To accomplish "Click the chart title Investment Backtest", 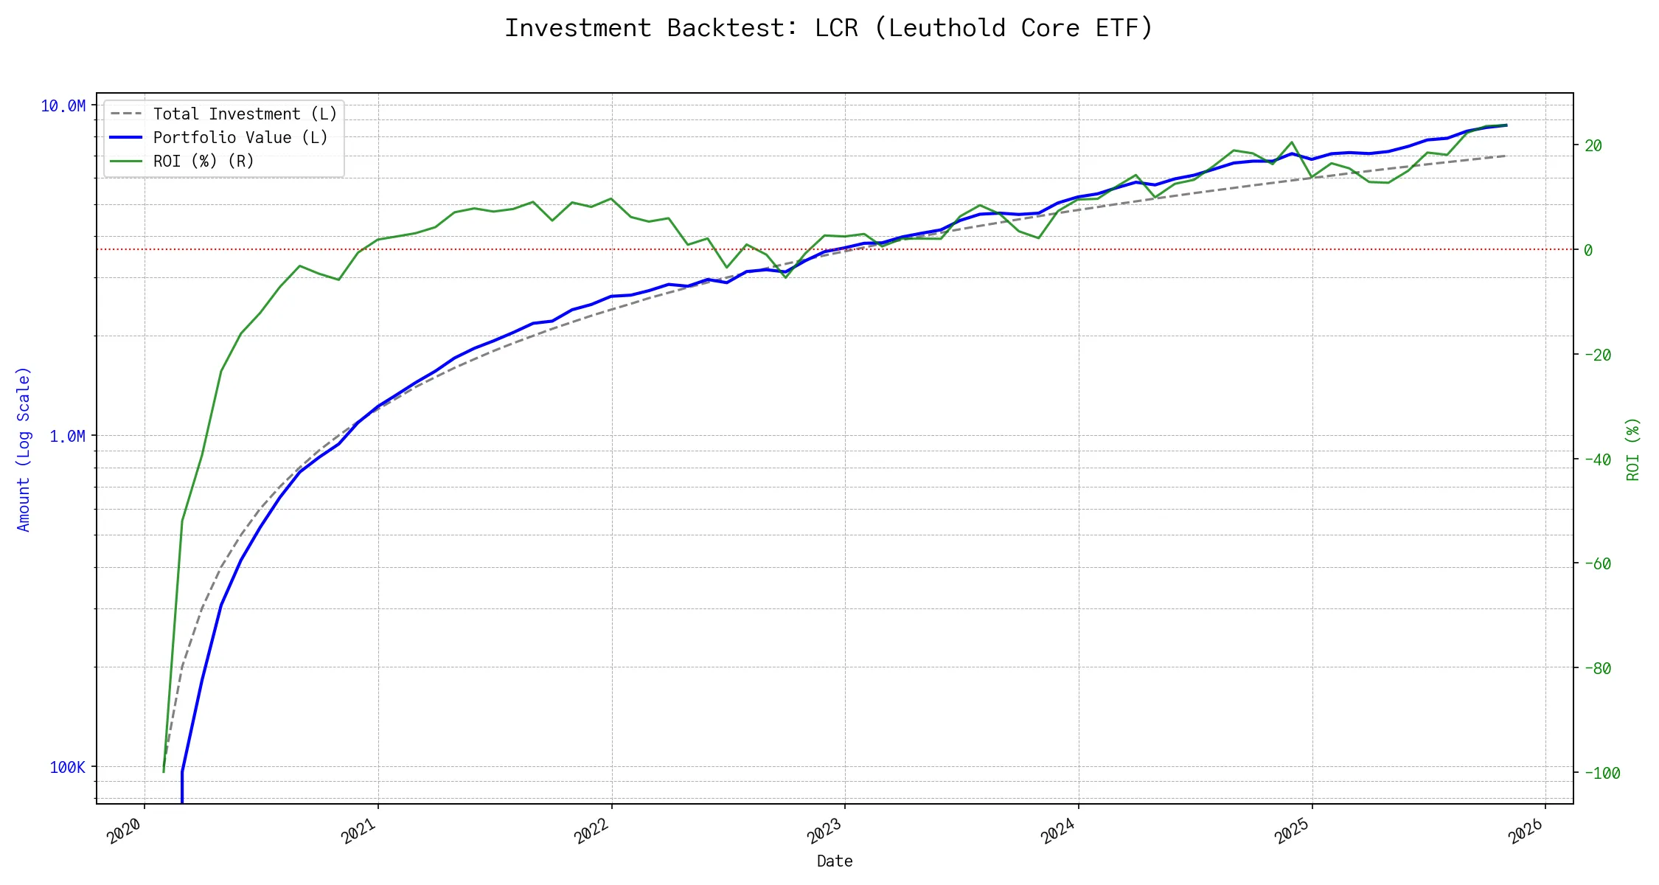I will pyautogui.click(x=829, y=28).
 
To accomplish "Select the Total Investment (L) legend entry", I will pyautogui.click(x=245, y=114).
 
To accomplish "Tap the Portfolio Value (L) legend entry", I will pyautogui.click(x=240, y=138).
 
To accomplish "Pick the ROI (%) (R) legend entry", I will pyautogui.click(x=204, y=162).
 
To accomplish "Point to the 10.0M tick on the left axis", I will pyautogui.click(x=63, y=106).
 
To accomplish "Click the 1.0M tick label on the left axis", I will pyautogui.click(x=67, y=437).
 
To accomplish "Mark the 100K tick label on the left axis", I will pyautogui.click(x=67, y=768).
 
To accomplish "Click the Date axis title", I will pyautogui.click(x=835, y=861).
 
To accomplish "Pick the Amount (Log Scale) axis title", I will pyautogui.click(x=24, y=449).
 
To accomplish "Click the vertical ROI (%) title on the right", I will pyautogui.click(x=1633, y=449).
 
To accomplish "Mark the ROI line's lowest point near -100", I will pyautogui.click(x=164, y=771).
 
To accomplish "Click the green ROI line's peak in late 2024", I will pyautogui.click(x=1292, y=142).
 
